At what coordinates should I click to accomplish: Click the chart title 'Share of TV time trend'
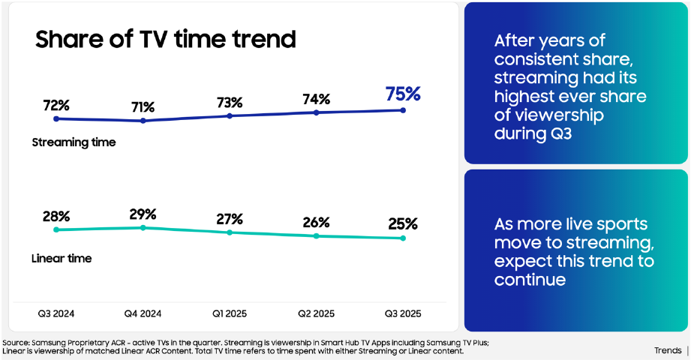[x=166, y=39]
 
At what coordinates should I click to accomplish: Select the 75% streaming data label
[x=403, y=94]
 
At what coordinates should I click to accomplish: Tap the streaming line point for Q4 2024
[x=143, y=120]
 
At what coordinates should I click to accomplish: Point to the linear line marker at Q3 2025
[x=403, y=238]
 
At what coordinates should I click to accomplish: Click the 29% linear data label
[x=143, y=214]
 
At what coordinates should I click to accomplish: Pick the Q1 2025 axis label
[x=230, y=313]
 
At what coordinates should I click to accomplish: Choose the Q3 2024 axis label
[x=56, y=313]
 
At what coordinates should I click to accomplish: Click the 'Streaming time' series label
[x=74, y=142]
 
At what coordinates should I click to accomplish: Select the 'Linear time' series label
[x=62, y=258]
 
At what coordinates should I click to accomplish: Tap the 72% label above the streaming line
[x=56, y=106]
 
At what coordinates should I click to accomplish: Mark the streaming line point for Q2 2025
[x=316, y=112]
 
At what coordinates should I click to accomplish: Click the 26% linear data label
[x=316, y=222]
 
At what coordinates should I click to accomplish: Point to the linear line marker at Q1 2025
[x=230, y=232]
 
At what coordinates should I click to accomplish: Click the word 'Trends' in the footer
[x=668, y=350]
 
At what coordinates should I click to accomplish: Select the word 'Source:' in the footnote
[x=16, y=343]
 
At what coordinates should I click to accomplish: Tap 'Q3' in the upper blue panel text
[x=561, y=133]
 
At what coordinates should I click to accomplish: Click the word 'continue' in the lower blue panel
[x=530, y=279]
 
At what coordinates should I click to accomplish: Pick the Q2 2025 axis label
[x=316, y=313]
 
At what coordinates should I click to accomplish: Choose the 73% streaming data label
[x=230, y=103]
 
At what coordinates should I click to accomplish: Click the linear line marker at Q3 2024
[x=56, y=229]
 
